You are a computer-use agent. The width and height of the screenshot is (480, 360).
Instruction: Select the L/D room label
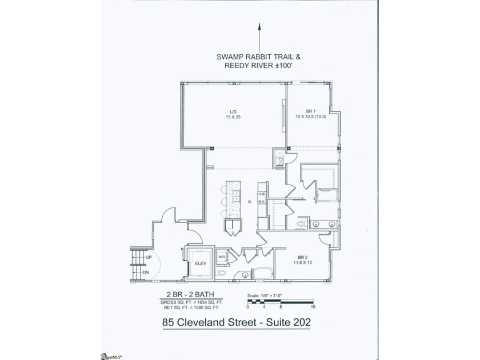click(x=233, y=111)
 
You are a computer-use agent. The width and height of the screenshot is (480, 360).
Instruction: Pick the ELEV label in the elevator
click(x=200, y=263)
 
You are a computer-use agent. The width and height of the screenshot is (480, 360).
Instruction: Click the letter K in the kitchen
click(x=250, y=202)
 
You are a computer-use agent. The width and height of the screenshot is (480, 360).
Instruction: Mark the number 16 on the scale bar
click(x=314, y=306)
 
